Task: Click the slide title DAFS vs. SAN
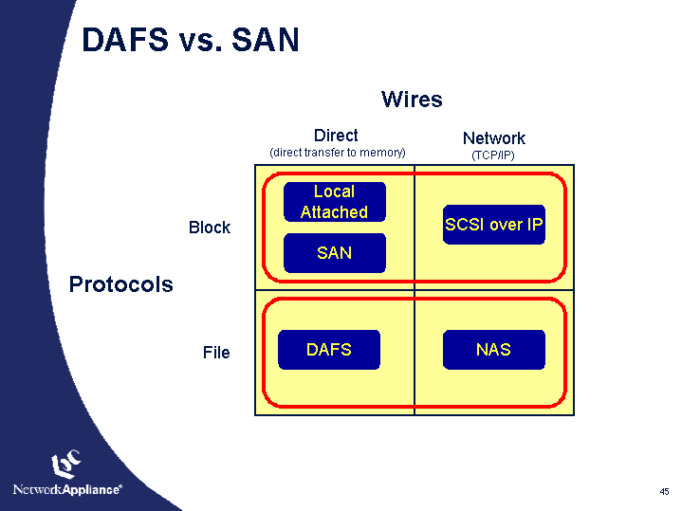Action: (191, 40)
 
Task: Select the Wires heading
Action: (412, 100)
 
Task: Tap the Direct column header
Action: (336, 136)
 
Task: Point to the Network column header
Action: (493, 138)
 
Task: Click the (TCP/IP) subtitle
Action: (493, 155)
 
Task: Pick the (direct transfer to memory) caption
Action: (338, 152)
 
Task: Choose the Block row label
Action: (210, 228)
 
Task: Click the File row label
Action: (216, 353)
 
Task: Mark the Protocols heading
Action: (121, 284)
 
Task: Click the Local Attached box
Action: (335, 202)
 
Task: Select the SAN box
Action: (335, 253)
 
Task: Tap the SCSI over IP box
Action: (494, 225)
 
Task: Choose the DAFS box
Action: (329, 350)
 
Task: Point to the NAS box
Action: (494, 350)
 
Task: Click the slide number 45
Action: (664, 491)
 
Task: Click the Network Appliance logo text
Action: (66, 490)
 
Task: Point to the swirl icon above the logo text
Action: (65, 463)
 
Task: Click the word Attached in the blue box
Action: (334, 212)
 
